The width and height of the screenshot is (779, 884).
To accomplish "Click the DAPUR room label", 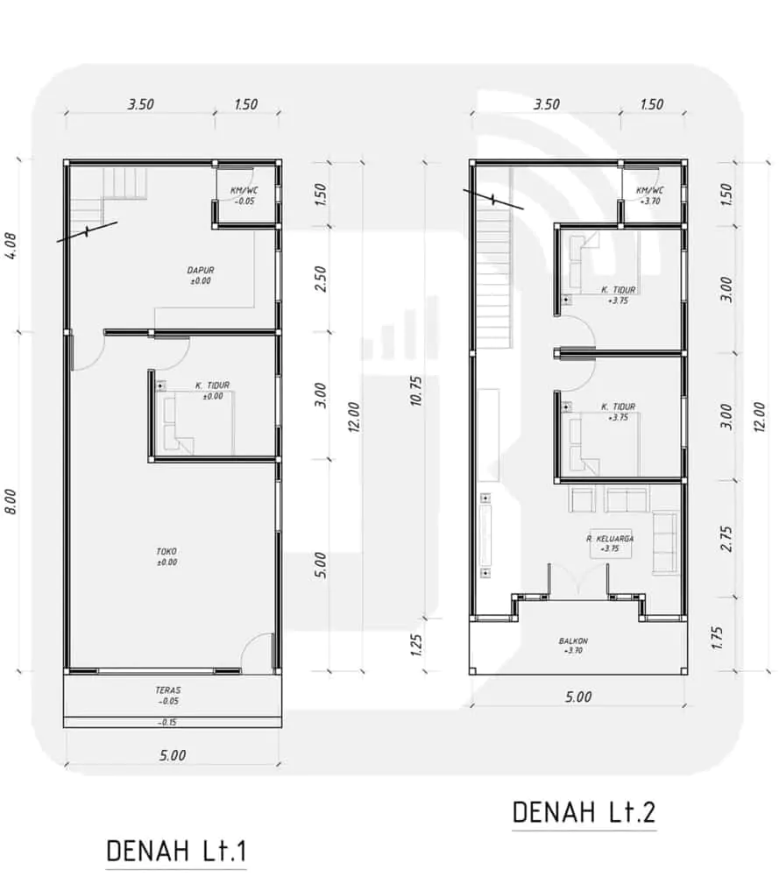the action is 201,271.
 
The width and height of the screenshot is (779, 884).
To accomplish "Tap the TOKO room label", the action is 166,551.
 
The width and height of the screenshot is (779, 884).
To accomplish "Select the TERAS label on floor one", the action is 168,690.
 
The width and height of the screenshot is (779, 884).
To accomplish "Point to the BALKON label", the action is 573,641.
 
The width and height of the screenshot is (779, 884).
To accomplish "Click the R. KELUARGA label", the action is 610,539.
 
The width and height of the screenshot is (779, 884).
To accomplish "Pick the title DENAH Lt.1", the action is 176,852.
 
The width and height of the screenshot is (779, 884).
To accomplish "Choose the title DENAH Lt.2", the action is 584,812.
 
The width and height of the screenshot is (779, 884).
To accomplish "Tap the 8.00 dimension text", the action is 11,501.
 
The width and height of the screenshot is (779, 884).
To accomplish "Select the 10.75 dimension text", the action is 416,391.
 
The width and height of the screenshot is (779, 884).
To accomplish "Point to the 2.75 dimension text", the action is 726,539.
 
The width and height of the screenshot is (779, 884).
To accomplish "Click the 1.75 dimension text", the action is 718,637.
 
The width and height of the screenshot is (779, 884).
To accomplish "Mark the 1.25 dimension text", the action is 416,645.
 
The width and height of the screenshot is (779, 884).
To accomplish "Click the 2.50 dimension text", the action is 320,279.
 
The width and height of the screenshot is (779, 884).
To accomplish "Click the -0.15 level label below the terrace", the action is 168,722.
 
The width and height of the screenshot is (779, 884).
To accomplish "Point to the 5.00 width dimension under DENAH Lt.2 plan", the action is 578,697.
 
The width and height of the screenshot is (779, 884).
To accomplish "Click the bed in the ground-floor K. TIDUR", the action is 198,423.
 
